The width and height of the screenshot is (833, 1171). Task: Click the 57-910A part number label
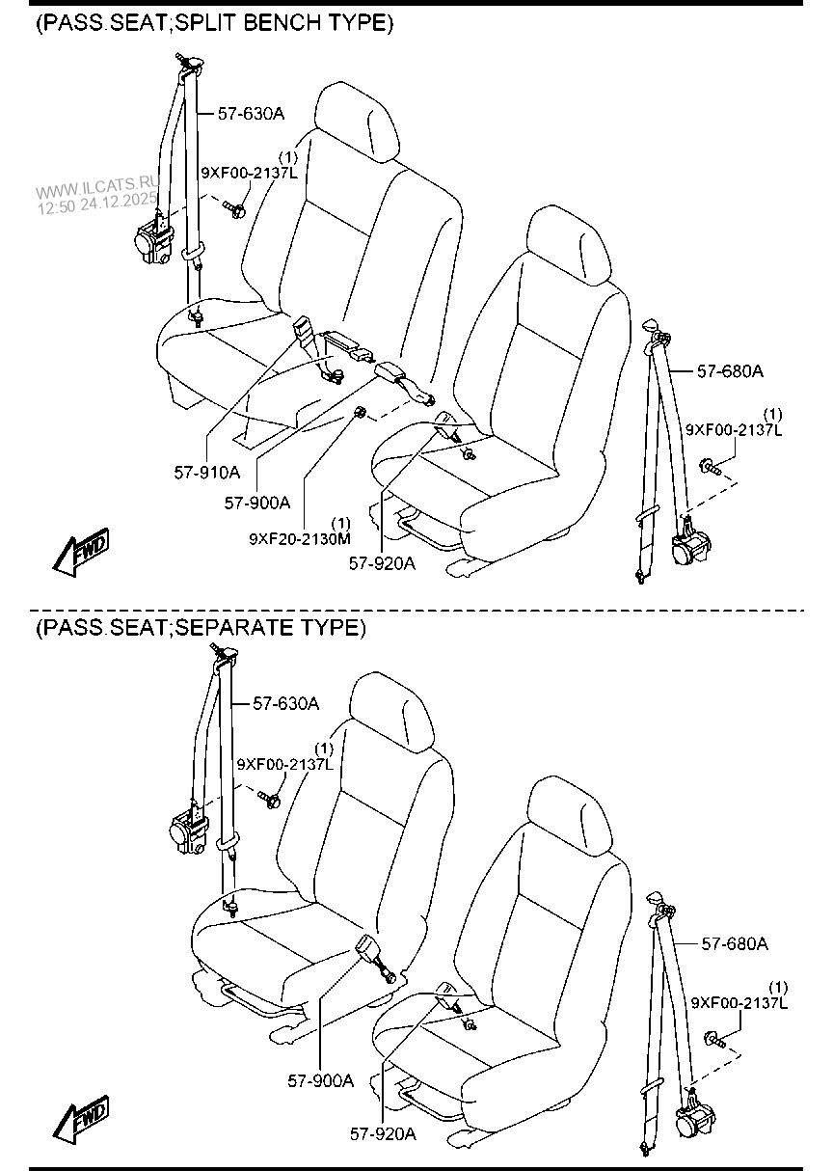click(x=207, y=473)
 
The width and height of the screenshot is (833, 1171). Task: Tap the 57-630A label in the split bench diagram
click(x=251, y=113)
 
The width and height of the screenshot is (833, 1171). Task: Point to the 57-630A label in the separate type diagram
click(x=285, y=703)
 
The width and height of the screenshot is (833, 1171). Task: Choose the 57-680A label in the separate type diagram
click(x=735, y=943)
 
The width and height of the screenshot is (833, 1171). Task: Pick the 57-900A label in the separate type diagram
click(x=321, y=1079)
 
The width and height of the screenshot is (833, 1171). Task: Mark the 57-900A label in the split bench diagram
click(x=257, y=502)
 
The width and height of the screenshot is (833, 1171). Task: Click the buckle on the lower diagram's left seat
click(x=371, y=954)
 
